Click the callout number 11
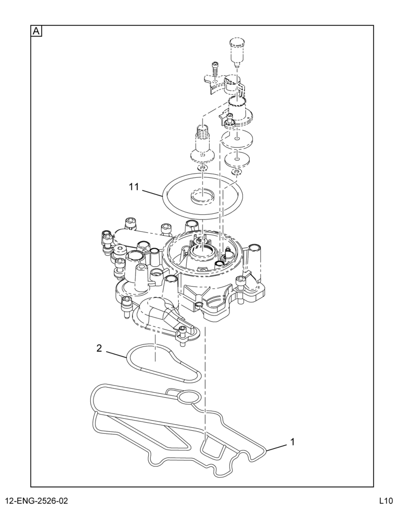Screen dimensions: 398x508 tap(134, 187)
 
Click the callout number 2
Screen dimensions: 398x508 tap(99, 348)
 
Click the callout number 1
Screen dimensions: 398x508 tap(292, 441)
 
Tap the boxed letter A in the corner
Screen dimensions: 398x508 tap(36, 31)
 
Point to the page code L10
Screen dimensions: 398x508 tap(386, 500)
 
